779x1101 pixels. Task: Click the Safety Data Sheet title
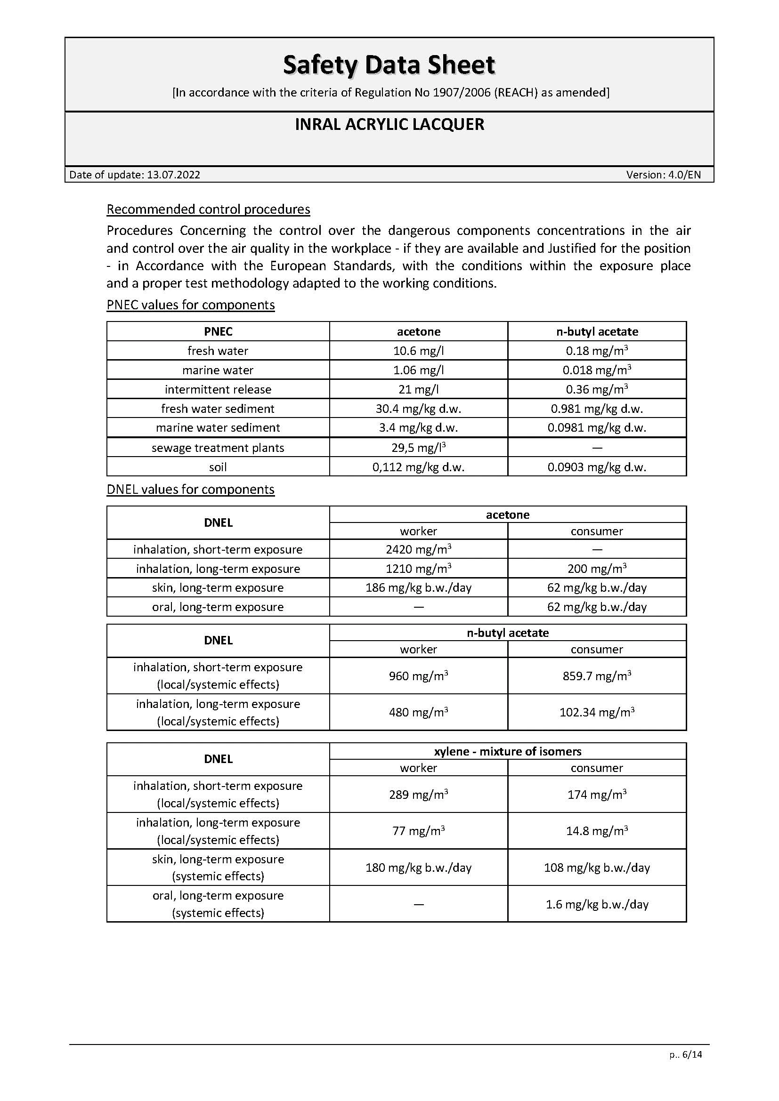[x=389, y=65]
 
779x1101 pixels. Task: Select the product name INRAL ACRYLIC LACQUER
[x=389, y=125]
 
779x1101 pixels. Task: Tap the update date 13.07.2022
[x=173, y=175]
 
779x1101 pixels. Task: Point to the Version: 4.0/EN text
[x=663, y=175]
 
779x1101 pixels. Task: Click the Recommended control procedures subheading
[x=208, y=209]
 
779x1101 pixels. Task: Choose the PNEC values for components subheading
[x=190, y=305]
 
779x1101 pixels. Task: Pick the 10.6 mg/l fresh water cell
[x=418, y=351]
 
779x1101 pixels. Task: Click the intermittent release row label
[x=218, y=389]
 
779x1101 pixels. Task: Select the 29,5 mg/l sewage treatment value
[x=418, y=447]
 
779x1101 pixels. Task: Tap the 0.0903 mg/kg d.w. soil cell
[x=597, y=467]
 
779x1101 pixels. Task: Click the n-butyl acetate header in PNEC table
[x=597, y=331]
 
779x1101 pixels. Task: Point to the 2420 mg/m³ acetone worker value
[x=418, y=549]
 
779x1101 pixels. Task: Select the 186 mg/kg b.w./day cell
[x=418, y=587]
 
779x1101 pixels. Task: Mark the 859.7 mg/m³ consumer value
[x=597, y=675]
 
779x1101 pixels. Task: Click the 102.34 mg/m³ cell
[x=597, y=712]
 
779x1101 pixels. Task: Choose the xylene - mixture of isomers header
[x=508, y=751]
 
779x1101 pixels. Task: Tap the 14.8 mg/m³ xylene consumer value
[x=597, y=830]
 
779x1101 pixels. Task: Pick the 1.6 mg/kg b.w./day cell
[x=597, y=904]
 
